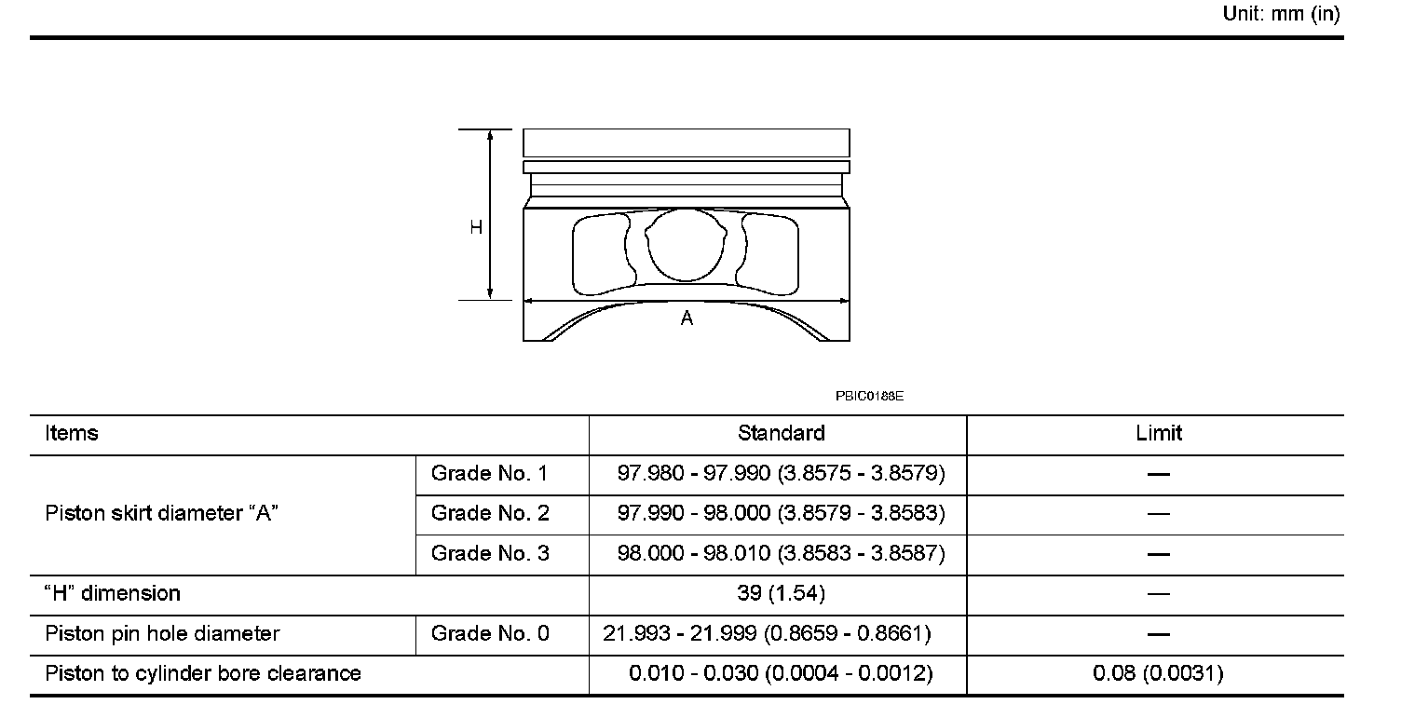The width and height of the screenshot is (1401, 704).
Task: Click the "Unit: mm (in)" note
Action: coord(1281,14)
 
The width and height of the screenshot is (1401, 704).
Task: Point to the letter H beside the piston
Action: coord(476,227)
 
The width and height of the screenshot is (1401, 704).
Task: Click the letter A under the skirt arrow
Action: coord(687,318)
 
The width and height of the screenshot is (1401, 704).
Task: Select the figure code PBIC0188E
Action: coord(869,396)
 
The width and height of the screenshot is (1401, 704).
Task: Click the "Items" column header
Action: coord(72,433)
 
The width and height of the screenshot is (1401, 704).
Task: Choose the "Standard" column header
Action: coord(782,433)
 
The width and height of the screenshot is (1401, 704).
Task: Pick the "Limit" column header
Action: coord(1159,433)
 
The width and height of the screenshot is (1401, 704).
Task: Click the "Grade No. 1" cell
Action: coord(489,473)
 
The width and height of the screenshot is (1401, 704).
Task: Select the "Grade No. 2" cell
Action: coord(490,513)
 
